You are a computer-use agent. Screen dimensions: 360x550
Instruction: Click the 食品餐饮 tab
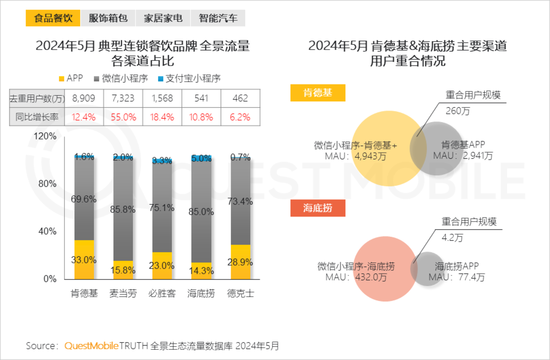53,18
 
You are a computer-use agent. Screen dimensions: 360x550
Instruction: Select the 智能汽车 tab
218,18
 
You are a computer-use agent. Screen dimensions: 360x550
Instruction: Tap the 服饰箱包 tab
108,18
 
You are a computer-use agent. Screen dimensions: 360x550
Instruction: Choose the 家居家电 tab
163,18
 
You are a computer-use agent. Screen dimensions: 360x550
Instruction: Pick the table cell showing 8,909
84,98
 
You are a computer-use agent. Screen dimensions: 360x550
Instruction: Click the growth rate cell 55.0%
123,117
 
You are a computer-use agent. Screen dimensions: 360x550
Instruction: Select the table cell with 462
240,98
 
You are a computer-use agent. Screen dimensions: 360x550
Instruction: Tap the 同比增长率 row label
37,117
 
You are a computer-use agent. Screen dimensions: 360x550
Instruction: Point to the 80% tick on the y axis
47,184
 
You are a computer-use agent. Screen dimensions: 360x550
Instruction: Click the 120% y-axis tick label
45,136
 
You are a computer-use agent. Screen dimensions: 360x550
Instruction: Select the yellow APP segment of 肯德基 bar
84,260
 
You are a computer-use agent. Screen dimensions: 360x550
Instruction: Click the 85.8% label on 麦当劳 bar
123,209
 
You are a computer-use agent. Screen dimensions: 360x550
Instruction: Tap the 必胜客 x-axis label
162,294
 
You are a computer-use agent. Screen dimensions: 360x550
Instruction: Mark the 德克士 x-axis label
240,294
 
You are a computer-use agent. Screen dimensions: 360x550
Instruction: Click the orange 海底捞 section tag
318,208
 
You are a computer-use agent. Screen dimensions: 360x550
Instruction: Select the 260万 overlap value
458,111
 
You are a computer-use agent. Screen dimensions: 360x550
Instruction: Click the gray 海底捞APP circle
430,269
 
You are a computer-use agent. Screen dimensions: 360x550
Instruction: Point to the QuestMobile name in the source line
91,346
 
